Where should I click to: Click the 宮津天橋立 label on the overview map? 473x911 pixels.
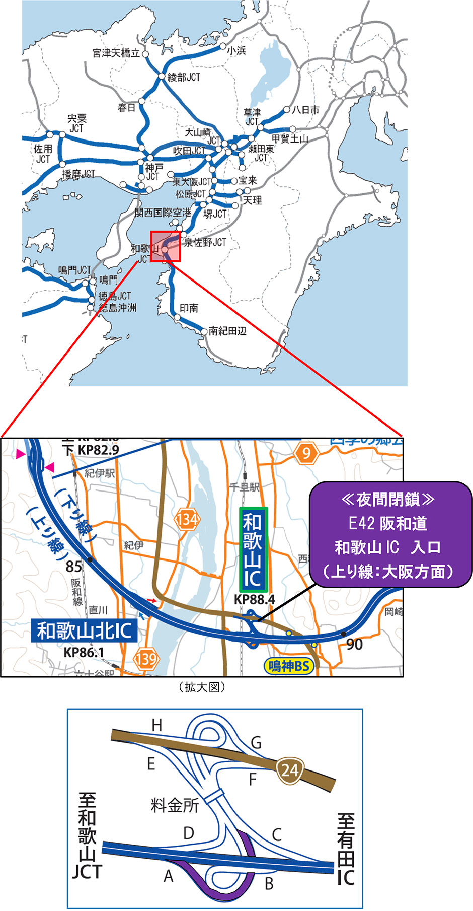tap(116, 53)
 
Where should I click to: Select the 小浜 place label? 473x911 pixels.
tap(236, 51)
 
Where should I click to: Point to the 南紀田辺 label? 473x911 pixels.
tap(227, 331)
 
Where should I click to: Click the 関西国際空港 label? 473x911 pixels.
tap(163, 213)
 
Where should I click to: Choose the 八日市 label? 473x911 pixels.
tap(305, 110)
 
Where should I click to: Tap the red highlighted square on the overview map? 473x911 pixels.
tap(165, 247)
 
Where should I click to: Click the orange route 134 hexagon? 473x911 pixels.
tap(187, 519)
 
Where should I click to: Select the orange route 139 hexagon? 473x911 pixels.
tap(146, 658)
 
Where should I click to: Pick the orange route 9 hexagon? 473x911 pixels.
tap(306, 454)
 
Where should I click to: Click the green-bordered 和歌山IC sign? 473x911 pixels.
tap(253, 550)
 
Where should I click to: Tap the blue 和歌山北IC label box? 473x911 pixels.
tap(84, 630)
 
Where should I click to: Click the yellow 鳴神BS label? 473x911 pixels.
tap(288, 666)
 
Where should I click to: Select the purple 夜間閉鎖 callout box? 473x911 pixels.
tap(390, 535)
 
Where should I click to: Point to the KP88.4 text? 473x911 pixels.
tap(255, 599)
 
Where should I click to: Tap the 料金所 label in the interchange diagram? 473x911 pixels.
tap(175, 805)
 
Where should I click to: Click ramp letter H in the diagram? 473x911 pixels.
tap(157, 725)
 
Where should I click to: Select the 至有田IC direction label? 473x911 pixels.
tap(346, 850)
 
